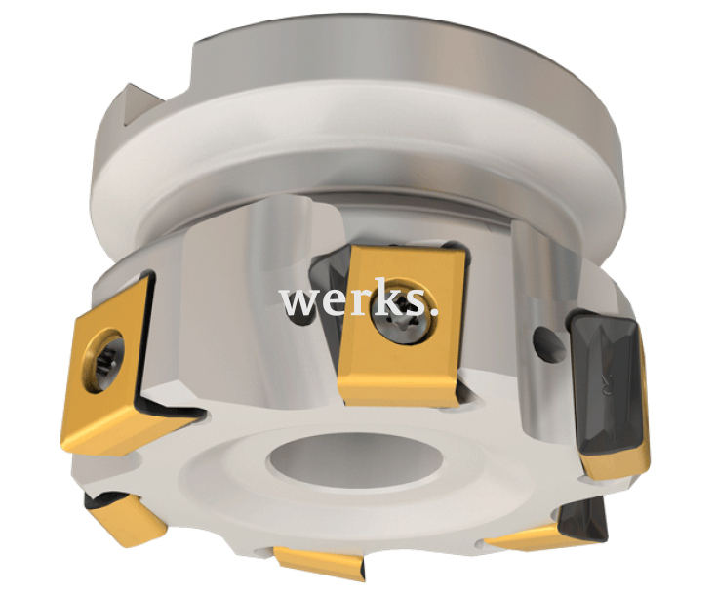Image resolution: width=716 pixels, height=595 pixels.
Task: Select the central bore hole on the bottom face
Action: pos(356,459)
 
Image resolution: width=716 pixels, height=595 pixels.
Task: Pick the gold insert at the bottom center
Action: pos(320,563)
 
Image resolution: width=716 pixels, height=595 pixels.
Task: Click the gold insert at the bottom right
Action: pos(525,536)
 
